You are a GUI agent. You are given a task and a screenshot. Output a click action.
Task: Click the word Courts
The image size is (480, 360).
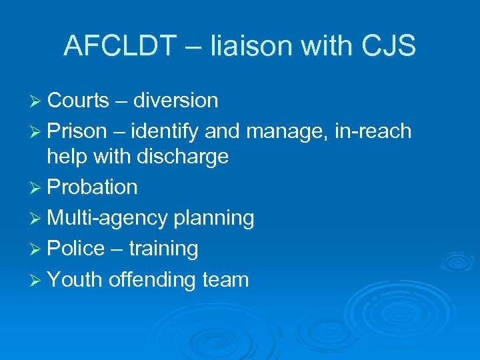coord(78,101)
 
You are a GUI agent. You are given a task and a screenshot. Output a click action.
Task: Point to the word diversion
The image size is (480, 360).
coord(175,101)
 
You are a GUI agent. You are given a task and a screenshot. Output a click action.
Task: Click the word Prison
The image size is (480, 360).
coord(77,131)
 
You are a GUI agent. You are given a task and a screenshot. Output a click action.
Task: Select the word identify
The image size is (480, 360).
coord(164,132)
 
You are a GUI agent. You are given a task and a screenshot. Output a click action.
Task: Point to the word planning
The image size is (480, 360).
coord(214,218)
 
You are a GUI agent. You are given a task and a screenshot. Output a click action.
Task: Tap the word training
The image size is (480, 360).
coord(163,249)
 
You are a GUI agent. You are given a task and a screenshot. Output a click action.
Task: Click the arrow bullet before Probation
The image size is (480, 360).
coord(37,187)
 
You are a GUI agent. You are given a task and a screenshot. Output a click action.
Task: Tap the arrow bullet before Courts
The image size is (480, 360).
coord(37,101)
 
